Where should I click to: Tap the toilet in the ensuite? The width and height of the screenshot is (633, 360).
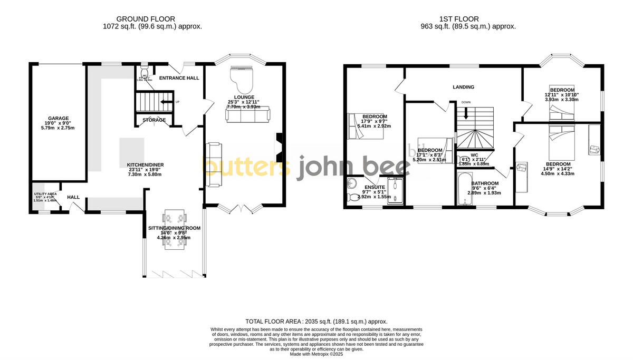coord(352,197)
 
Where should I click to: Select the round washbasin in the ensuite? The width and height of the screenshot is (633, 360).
coord(352,184)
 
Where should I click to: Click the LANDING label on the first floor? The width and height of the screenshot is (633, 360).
coord(463,87)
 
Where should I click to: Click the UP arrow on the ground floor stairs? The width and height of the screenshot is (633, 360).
coord(168,102)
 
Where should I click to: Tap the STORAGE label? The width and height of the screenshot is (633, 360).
coord(154,120)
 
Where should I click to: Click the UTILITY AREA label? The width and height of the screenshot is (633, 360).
coord(45,194)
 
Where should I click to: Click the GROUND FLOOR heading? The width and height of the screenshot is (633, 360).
coord(146,19)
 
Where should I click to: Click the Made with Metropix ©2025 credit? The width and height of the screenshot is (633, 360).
coord(316,354)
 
